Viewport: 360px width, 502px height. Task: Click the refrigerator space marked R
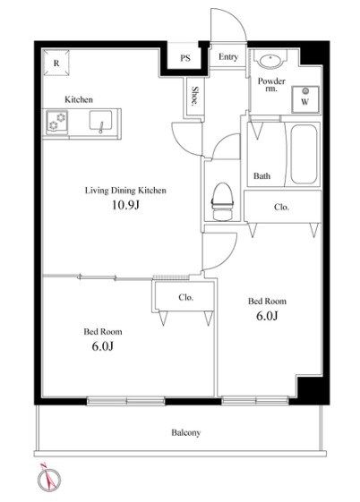click(56, 63)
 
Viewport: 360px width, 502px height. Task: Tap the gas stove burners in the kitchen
click(57, 121)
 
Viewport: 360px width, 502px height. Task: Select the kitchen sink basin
click(100, 121)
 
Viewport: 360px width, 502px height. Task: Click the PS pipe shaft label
click(185, 58)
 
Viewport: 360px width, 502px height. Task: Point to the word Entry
click(228, 57)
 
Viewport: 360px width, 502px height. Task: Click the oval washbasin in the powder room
click(271, 62)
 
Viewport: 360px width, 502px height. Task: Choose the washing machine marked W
click(305, 99)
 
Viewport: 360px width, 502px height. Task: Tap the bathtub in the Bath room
click(304, 154)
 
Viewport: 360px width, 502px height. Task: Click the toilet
click(222, 201)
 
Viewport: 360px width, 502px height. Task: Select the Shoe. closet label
click(194, 96)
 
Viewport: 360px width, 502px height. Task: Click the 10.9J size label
click(125, 205)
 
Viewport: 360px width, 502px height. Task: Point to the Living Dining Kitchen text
click(125, 191)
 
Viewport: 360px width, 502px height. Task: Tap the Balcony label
click(185, 433)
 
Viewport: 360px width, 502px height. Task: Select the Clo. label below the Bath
click(281, 207)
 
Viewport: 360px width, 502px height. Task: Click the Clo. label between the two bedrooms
click(186, 297)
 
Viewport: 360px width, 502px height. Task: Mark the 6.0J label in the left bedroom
click(102, 346)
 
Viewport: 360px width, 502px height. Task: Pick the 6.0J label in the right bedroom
click(267, 316)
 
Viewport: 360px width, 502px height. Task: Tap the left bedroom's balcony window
click(126, 401)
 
